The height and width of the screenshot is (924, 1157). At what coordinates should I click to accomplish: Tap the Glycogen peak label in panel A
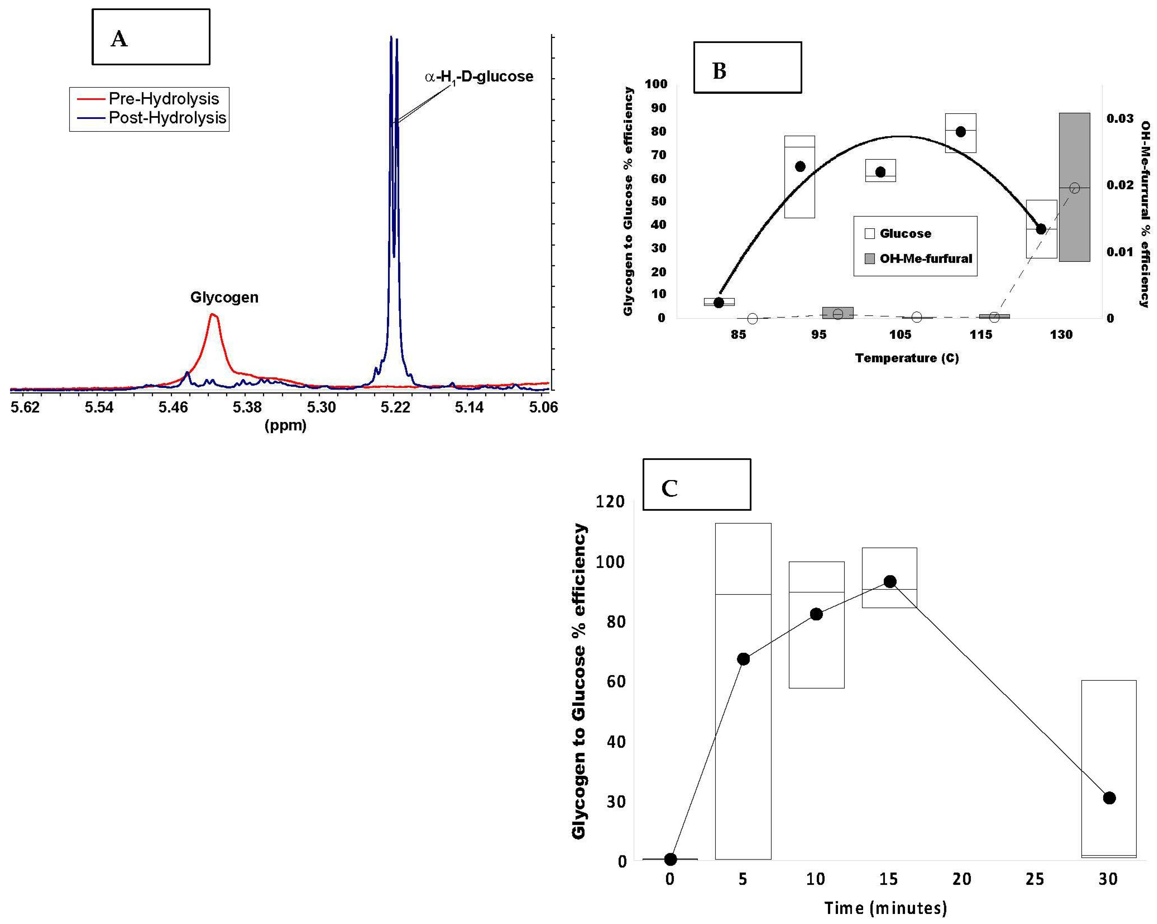224,297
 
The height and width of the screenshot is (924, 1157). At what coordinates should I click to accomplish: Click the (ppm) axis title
285,426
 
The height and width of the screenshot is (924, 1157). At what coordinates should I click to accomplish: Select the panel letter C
669,488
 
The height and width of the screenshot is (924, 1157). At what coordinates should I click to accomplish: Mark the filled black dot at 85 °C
719,303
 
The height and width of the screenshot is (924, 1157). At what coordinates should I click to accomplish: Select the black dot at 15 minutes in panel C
890,582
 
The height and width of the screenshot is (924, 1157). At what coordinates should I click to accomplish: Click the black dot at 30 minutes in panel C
1109,798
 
